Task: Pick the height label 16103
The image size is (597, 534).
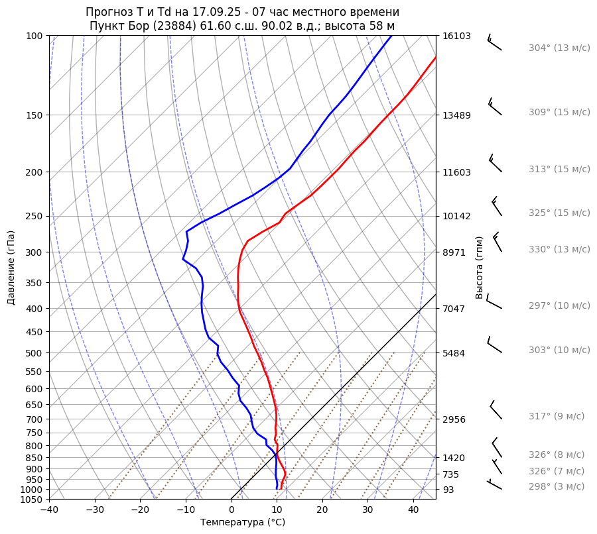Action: [456, 36]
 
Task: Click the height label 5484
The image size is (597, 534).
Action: [454, 352]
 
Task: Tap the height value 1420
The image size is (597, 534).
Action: [454, 458]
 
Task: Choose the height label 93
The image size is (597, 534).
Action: [448, 490]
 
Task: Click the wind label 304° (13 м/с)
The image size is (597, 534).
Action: [559, 48]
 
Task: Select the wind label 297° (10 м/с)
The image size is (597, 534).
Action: [559, 305]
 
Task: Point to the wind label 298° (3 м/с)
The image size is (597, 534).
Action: [557, 486]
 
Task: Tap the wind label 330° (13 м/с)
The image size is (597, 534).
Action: [559, 249]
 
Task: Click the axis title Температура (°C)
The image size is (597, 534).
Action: [243, 523]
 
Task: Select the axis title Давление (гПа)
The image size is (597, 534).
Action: [11, 268]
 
